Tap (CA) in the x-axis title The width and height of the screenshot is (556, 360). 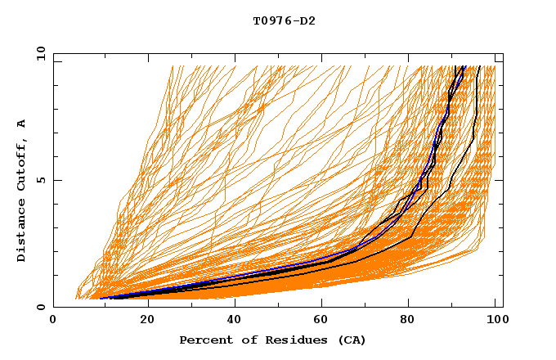point(350,340)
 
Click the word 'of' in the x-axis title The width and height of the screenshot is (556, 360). point(244,340)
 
